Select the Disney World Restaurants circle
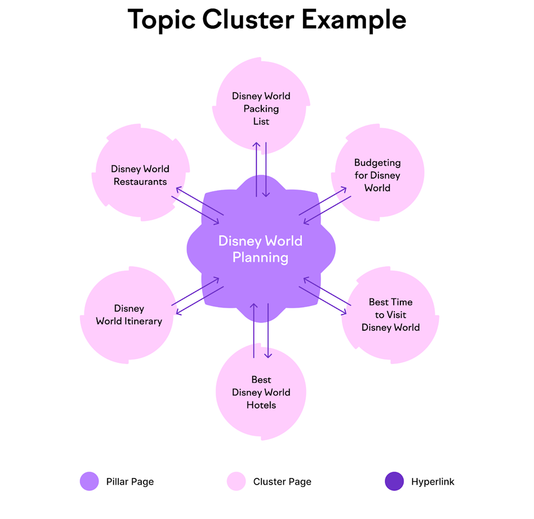tap(141, 174)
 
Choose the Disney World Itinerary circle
tap(129, 314)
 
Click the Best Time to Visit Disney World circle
tap(390, 315)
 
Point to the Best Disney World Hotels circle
tap(261, 393)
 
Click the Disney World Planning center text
tap(260, 249)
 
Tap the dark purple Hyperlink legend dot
tap(394, 482)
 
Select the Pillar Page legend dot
tap(89, 482)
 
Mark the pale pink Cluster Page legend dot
tap(236, 482)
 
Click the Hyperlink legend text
tap(433, 482)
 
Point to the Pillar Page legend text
tap(130, 482)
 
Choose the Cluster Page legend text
tap(282, 482)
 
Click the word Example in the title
tap(354, 20)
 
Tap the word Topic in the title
tap(161, 20)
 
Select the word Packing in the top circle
tap(261, 108)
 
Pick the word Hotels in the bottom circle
tap(261, 405)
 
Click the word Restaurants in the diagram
tap(140, 182)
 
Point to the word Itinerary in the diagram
tap(142, 321)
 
